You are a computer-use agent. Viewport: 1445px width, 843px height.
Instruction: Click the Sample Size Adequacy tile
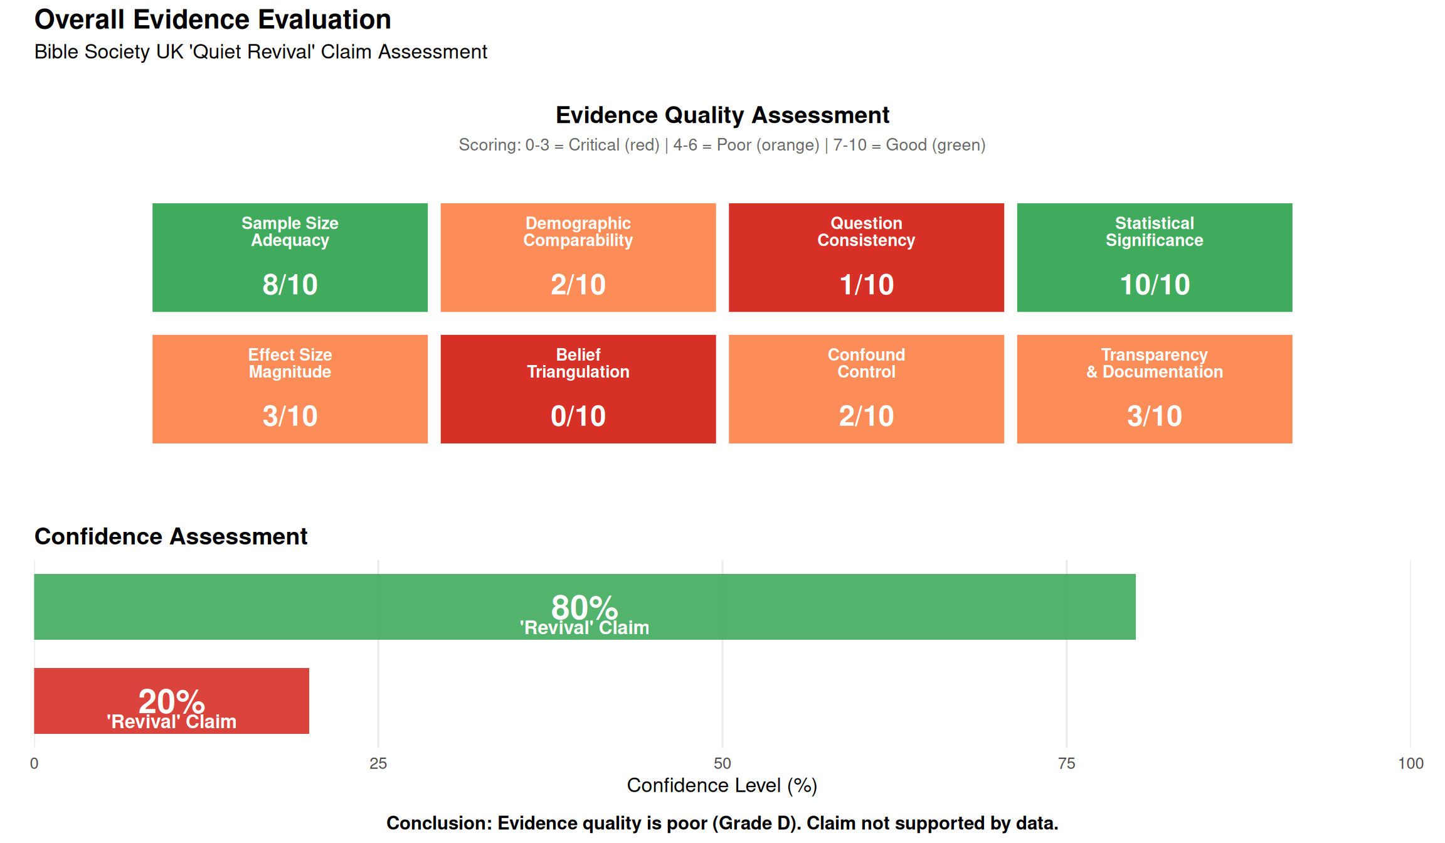click(290, 257)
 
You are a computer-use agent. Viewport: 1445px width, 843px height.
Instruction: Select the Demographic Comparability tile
click(578, 257)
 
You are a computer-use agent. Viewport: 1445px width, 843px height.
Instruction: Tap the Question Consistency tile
click(866, 257)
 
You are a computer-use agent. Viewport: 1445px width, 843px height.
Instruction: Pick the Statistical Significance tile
click(1154, 257)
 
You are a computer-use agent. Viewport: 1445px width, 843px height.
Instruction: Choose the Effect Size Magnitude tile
click(290, 389)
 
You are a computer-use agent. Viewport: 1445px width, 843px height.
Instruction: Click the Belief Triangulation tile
click(578, 389)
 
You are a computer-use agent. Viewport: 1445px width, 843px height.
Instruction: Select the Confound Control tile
click(866, 389)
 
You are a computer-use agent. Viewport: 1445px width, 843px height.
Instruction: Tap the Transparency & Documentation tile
click(1154, 389)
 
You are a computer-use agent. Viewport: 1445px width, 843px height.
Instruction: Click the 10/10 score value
click(1155, 285)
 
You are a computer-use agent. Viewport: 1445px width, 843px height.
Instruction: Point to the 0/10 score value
click(578, 416)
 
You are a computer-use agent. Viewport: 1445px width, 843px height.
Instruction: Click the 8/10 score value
click(290, 285)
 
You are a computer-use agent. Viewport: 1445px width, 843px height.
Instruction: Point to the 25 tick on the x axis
click(378, 763)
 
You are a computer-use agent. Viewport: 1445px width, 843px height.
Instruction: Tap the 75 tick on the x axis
click(1066, 763)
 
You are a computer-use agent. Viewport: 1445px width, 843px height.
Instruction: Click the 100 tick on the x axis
click(1411, 763)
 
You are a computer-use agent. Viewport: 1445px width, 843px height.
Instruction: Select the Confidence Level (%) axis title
click(722, 785)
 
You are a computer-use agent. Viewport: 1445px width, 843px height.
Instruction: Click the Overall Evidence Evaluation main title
click(213, 19)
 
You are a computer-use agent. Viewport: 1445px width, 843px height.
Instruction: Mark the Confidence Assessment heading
click(171, 536)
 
